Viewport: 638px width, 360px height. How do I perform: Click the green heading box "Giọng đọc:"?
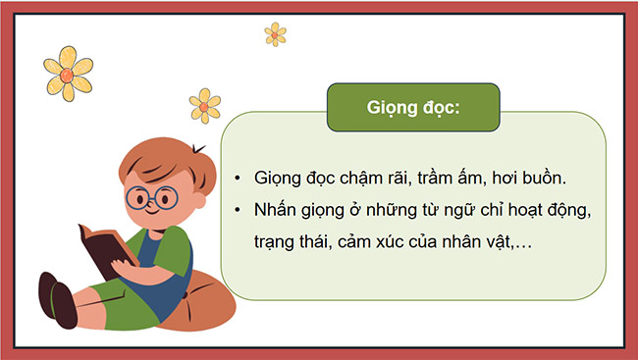(x=412, y=107)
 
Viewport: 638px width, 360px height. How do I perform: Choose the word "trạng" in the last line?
(x=281, y=242)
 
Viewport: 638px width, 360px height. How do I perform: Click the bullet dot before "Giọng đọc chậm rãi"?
(x=239, y=179)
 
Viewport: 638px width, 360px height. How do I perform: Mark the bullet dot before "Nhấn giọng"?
(x=239, y=210)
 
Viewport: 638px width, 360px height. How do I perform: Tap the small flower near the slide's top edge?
(x=276, y=34)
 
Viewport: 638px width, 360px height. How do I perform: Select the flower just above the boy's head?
(x=204, y=103)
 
